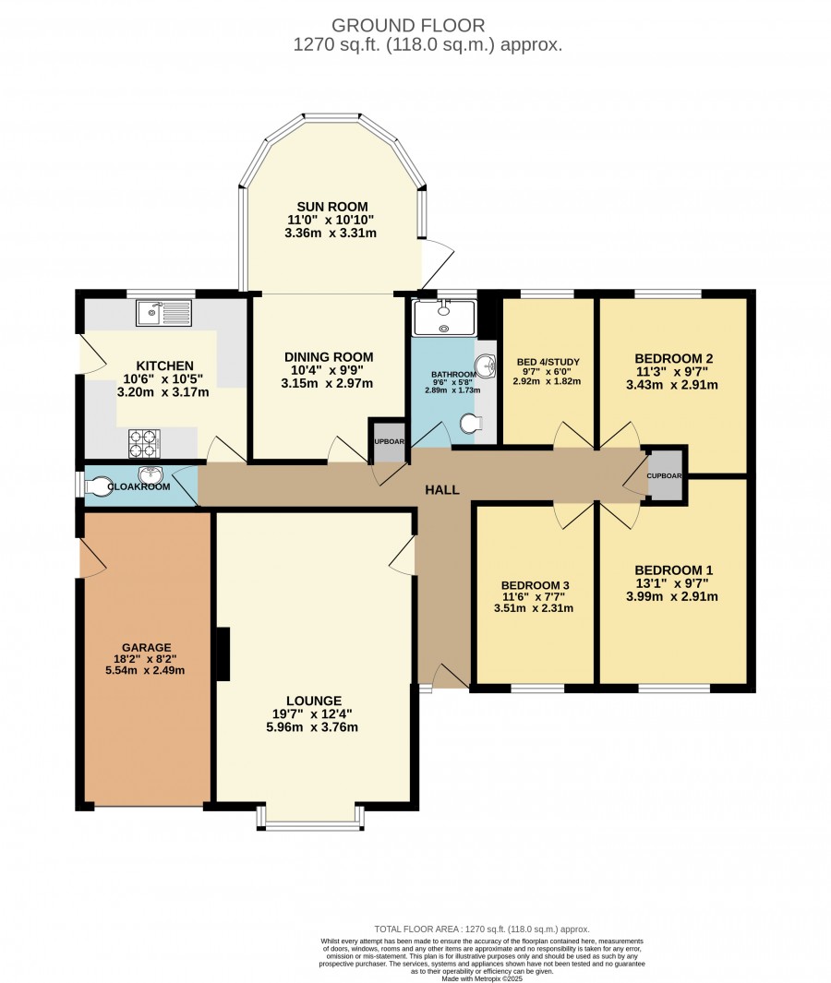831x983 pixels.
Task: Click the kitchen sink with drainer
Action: click(163, 313)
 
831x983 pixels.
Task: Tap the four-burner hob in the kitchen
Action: click(144, 443)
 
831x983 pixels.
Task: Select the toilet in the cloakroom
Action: click(99, 486)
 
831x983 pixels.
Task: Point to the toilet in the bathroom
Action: click(470, 424)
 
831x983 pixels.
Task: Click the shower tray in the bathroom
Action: click(445, 318)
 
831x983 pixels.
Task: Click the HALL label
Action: click(442, 489)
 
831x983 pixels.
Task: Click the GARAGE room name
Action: click(146, 648)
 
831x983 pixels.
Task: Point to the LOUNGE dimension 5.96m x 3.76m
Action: click(312, 727)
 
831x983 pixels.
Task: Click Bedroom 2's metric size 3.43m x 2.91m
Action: click(671, 384)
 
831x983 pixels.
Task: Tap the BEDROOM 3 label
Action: click(535, 585)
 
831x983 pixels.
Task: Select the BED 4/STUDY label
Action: click(548, 362)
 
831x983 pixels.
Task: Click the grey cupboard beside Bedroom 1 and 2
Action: click(664, 475)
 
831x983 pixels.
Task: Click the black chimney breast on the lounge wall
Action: click(223, 653)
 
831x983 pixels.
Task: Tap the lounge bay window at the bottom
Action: click(310, 818)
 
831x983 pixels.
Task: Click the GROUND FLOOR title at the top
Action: click(408, 25)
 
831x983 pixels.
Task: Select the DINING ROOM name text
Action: click(329, 356)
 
